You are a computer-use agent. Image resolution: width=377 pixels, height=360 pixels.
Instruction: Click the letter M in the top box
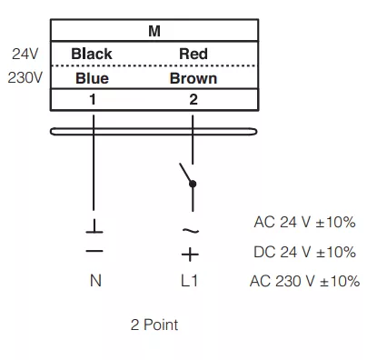[154, 31]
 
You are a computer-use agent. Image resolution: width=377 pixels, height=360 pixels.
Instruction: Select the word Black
[92, 54]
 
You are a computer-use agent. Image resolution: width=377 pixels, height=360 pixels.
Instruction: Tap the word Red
[193, 54]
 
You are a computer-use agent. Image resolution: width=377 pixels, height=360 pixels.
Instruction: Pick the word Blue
[92, 78]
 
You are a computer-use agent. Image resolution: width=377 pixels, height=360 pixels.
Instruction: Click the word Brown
[193, 78]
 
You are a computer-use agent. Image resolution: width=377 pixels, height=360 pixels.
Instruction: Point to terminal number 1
[93, 99]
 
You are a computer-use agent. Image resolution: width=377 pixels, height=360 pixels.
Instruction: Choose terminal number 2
[193, 99]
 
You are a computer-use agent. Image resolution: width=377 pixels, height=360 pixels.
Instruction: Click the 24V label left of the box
[25, 54]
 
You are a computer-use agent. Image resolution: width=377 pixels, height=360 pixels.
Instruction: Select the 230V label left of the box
[25, 78]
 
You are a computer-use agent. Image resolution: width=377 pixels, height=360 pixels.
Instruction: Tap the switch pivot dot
[193, 184]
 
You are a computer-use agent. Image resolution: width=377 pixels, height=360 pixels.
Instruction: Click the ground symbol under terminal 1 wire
[94, 226]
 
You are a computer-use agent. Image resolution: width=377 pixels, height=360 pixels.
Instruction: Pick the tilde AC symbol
[191, 231]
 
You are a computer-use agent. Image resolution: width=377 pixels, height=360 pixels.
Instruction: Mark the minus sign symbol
[94, 251]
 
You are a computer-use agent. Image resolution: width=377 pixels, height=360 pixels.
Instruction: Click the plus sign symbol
[190, 255]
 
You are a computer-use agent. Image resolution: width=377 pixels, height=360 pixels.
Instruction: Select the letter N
[95, 281]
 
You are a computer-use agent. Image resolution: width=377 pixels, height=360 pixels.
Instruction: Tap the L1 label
[189, 281]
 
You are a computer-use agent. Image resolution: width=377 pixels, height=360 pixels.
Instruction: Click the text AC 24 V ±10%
[304, 222]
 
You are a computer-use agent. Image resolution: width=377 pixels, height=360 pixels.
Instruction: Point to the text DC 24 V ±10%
[304, 252]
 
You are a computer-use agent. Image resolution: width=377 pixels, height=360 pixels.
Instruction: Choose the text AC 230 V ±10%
[304, 281]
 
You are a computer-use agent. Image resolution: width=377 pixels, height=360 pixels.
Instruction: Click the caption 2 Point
[154, 325]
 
